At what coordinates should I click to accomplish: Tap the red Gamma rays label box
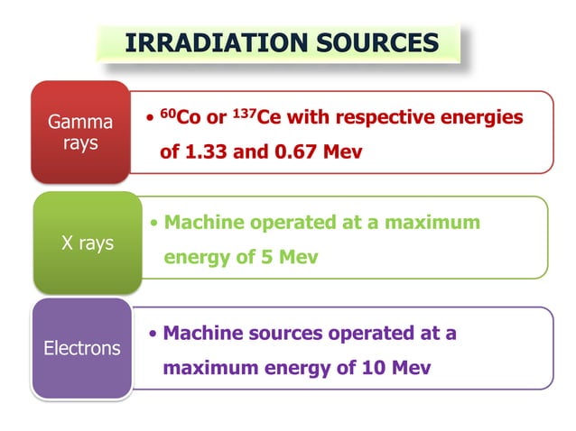[x=80, y=132]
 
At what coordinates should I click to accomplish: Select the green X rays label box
[x=87, y=243]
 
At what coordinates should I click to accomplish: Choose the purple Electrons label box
[x=81, y=347]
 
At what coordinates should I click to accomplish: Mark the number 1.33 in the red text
[x=204, y=151]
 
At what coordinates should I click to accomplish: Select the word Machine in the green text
[x=205, y=222]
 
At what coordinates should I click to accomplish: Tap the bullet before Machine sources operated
[x=154, y=334]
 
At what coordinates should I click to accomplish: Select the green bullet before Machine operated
[x=155, y=223]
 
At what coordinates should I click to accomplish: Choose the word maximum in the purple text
[x=209, y=368]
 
